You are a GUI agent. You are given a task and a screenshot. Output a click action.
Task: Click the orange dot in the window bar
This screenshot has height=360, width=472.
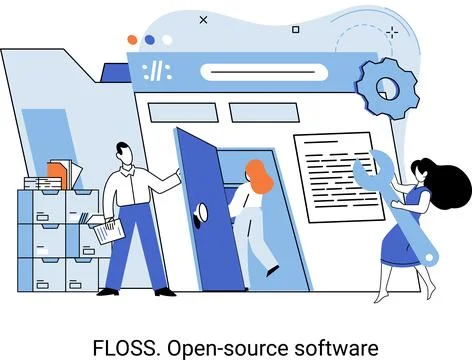132,39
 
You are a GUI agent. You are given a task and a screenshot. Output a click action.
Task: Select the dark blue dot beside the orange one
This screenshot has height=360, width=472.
150,39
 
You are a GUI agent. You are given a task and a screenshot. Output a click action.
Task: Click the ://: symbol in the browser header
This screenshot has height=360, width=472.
157,72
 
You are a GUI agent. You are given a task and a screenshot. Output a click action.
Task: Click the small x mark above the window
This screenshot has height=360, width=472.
204,19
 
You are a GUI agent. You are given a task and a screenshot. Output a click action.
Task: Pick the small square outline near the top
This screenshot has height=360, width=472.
295,30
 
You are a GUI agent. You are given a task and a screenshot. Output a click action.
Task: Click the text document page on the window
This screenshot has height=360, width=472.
337,175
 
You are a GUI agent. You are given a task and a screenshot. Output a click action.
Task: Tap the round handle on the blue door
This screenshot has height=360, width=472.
200,210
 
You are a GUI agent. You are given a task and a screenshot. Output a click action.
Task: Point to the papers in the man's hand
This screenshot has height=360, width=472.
108,231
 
